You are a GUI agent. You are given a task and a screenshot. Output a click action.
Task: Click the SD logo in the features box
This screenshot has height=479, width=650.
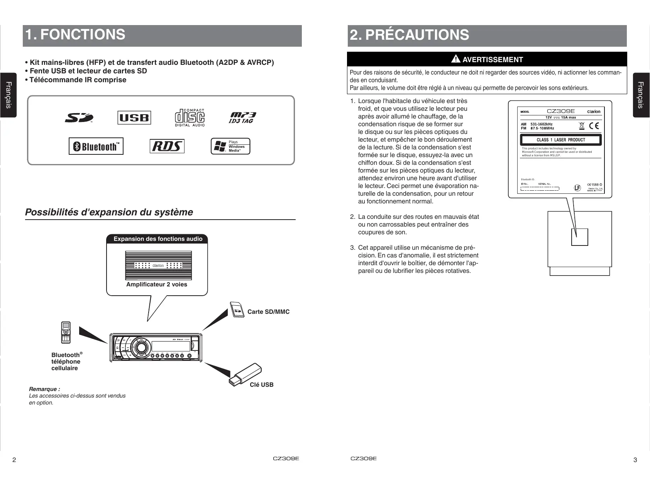click(79, 118)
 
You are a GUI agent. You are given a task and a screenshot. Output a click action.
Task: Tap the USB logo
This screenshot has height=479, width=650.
click(134, 118)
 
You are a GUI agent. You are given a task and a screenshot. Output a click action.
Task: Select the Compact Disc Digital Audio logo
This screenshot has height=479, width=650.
click(190, 117)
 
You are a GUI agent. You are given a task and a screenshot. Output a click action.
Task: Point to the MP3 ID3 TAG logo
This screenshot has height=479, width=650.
click(242, 118)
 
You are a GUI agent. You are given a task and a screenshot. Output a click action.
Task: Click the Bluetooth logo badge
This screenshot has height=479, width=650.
click(96, 146)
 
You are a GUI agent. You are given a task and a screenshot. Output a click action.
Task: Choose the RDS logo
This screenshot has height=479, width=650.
click(167, 146)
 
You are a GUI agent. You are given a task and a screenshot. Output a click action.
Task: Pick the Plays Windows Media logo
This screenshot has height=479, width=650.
click(230, 146)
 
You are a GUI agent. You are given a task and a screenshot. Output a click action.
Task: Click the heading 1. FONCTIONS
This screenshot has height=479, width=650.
click(75, 35)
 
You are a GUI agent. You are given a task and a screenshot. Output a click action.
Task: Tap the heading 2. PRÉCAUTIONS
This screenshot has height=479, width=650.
click(409, 35)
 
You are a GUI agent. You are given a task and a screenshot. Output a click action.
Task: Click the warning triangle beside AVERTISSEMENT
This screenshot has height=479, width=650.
click(456, 59)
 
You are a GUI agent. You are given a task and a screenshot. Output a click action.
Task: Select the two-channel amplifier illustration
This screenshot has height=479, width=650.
click(158, 266)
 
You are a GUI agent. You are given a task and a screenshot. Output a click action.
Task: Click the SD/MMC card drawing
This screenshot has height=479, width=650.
click(237, 310)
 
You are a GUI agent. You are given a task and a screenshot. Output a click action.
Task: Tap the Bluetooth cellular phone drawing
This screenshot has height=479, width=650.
click(66, 333)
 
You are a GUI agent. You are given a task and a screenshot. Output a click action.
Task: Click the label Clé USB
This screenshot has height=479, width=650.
click(261, 385)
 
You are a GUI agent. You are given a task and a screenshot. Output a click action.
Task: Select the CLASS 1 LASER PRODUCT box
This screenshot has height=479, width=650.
click(561, 140)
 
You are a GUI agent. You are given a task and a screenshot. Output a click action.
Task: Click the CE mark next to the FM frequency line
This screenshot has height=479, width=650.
click(594, 126)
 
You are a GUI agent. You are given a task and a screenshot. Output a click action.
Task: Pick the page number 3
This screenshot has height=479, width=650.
click(635, 460)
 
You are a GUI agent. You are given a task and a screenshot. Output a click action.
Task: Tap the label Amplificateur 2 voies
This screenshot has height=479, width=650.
click(157, 284)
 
